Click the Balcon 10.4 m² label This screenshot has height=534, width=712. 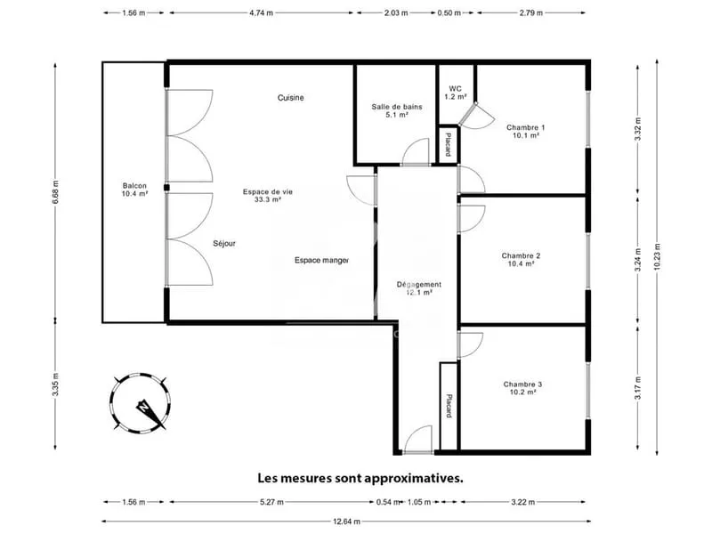point(135,190)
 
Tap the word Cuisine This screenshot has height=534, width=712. point(291,98)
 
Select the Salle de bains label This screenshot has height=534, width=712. point(397,110)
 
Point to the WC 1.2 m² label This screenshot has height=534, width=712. point(455,93)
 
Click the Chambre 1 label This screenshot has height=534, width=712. point(526,131)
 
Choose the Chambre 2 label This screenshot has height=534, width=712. point(521,260)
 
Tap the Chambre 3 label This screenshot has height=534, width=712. point(522,388)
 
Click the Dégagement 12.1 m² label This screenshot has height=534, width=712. point(419,288)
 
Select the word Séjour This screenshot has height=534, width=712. point(224,243)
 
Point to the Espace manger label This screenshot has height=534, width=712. point(322,260)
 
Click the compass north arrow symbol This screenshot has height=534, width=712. point(150,411)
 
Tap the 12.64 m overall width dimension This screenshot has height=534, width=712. point(346,522)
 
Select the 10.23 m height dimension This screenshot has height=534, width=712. point(657,257)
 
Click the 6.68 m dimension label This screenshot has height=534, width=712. point(55,192)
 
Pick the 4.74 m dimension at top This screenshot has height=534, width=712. point(261,12)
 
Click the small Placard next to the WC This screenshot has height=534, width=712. point(449,144)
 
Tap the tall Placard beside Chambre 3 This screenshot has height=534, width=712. point(449,406)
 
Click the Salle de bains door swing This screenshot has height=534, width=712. point(416,151)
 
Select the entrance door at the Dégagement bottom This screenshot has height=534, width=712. point(417,440)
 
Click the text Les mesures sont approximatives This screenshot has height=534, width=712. point(360,478)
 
